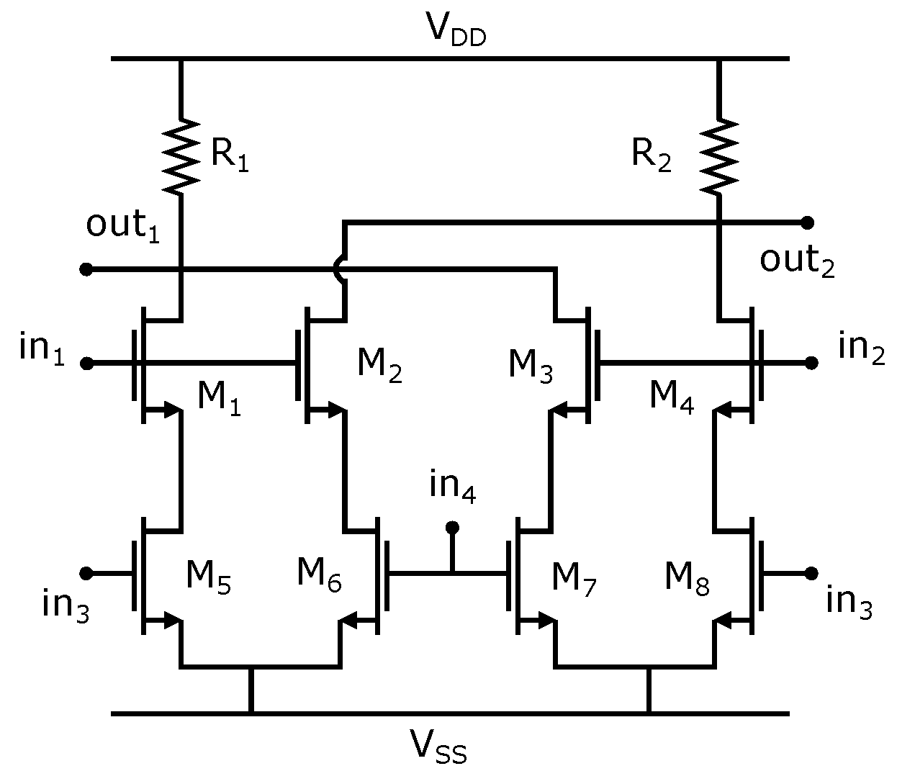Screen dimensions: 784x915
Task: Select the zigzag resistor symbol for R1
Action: click(180, 156)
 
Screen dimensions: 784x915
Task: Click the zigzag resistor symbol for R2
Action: click(718, 156)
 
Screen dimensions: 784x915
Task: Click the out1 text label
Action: click(122, 225)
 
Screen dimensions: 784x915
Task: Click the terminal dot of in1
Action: click(86, 364)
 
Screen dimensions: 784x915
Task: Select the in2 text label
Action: click(861, 348)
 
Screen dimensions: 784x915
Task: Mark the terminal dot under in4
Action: click(452, 528)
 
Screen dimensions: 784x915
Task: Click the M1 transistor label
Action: click(219, 398)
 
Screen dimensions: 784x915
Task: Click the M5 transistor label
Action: click(208, 577)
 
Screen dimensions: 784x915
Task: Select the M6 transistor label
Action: click(319, 575)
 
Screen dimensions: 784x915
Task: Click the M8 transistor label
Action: click(686, 578)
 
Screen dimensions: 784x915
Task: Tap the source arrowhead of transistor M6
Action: click(349, 619)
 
